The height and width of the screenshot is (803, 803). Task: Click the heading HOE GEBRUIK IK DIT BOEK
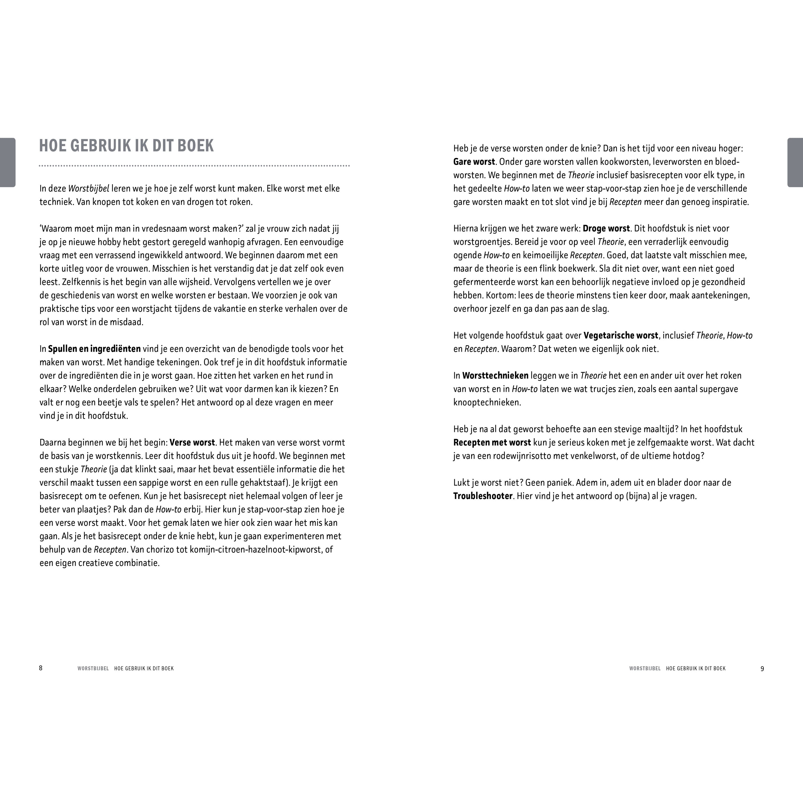[x=126, y=146]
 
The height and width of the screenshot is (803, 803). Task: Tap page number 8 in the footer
[x=41, y=668]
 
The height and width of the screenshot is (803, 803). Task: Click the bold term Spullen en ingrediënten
[x=94, y=349]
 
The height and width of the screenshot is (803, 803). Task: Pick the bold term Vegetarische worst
[x=620, y=335]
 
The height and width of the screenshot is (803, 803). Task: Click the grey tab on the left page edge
[x=7, y=162]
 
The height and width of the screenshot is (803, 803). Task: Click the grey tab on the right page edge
[x=795, y=162]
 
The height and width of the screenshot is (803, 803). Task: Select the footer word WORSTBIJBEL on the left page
[x=93, y=668]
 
